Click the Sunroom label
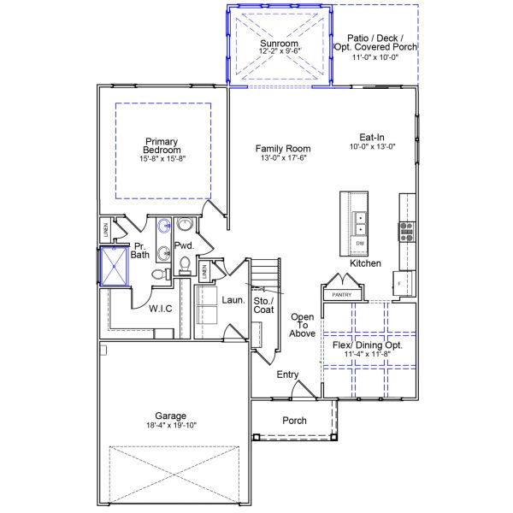click(279, 43)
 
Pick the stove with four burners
click(406, 229)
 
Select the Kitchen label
click(365, 263)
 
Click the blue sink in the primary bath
click(162, 227)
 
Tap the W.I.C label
click(161, 309)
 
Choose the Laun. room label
click(233, 300)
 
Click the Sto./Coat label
click(263, 305)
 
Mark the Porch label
click(294, 420)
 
